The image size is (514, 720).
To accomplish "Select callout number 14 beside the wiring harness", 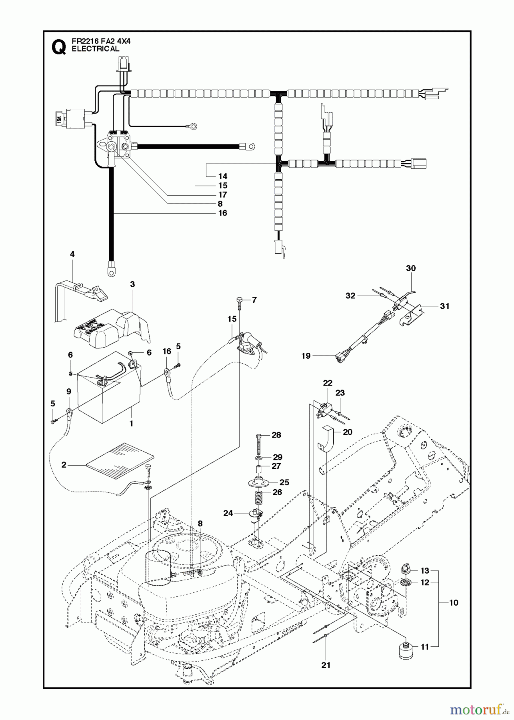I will tap(223, 176).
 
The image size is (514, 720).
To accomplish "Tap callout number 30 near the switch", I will tap(411, 268).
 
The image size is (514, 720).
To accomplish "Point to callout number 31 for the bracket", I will tap(444, 306).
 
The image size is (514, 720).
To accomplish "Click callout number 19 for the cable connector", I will tap(306, 356).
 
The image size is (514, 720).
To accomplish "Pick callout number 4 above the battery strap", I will tap(72, 254).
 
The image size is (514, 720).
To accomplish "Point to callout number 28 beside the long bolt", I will tap(276, 435).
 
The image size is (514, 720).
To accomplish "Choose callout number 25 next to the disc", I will tap(284, 482).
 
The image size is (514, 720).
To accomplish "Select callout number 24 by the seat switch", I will tap(228, 513).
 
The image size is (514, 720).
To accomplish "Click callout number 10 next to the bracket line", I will tap(453, 603).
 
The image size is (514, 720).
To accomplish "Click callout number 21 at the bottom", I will tap(326, 665).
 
